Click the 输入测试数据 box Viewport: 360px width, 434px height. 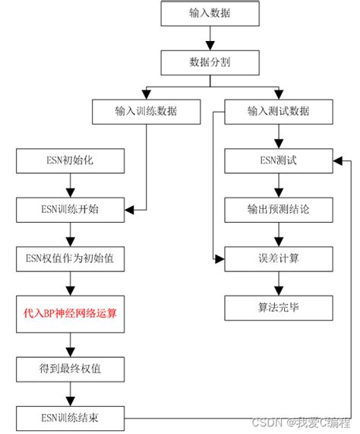(x=278, y=112)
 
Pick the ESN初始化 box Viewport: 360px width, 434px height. (x=69, y=160)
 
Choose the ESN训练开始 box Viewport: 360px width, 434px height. (x=69, y=208)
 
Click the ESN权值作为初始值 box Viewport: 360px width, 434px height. (x=69, y=258)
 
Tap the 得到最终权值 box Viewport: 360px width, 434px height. (x=69, y=369)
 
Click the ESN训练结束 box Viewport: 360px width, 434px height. (x=69, y=417)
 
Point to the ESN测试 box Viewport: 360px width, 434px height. (x=278, y=160)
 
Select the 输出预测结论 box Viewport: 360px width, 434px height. (x=278, y=209)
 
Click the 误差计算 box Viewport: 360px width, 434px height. (x=278, y=258)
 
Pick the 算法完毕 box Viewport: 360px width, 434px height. (x=278, y=307)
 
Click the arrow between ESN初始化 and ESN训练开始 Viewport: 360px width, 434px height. (x=69, y=184)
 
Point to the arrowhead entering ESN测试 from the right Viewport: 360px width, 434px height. (x=336, y=160)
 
